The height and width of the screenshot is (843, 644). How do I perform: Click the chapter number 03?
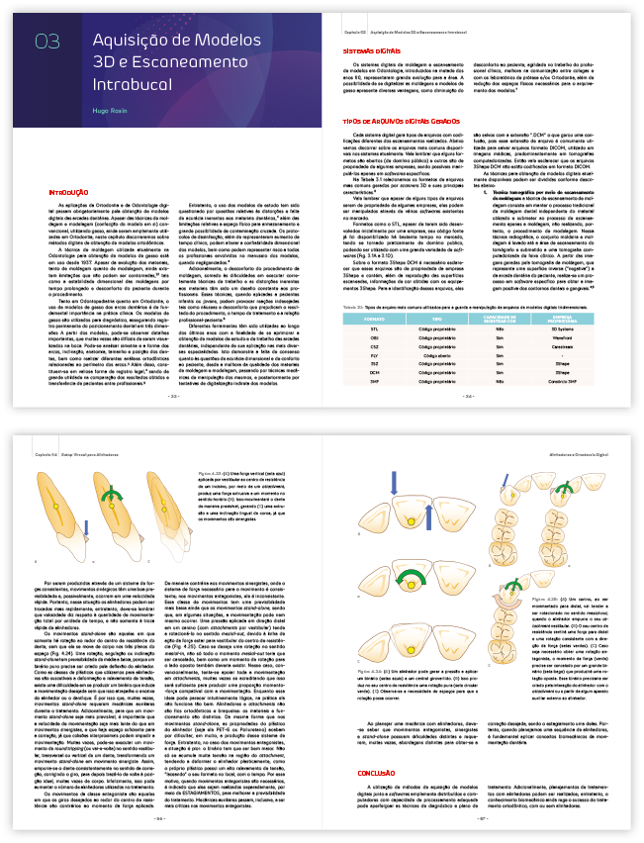(46, 41)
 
